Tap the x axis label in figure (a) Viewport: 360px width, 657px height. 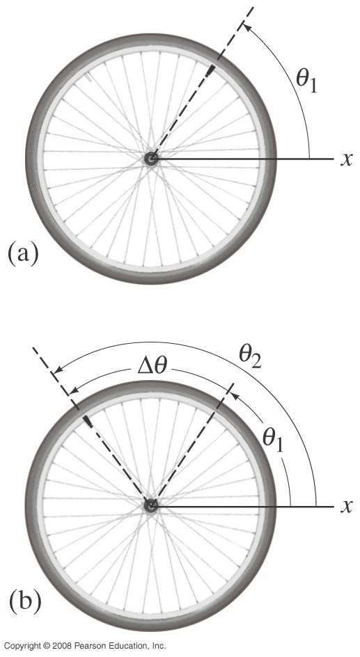346,159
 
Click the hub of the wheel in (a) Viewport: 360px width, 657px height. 151,159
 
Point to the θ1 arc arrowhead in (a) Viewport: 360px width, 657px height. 246,27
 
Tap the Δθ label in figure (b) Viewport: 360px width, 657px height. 152,366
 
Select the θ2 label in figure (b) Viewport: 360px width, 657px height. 250,358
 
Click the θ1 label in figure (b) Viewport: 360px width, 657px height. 273,441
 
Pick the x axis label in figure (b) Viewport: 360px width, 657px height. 346,507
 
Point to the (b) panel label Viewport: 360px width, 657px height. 25,602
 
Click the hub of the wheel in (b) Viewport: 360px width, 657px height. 151,506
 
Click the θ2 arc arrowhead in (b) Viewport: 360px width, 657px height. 58,370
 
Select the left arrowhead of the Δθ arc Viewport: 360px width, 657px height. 74,390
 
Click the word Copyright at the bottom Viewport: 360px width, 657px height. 22,646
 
